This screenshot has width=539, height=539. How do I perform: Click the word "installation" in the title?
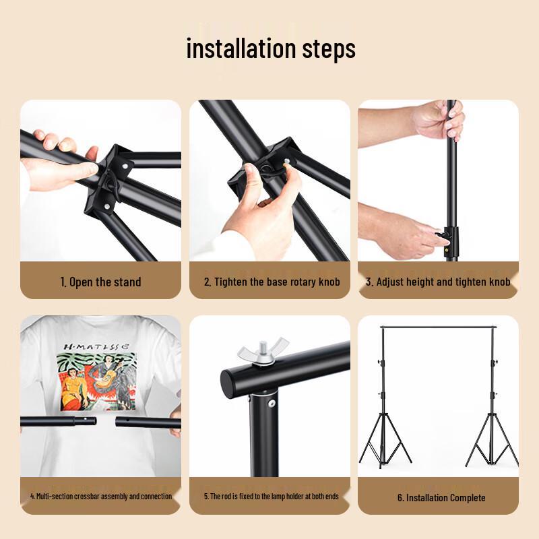click(x=241, y=48)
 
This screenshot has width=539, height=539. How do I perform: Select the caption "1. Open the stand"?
click(x=100, y=282)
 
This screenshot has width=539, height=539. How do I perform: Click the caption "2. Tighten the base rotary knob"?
click(x=272, y=282)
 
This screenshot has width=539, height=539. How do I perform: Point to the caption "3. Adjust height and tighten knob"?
click(x=438, y=282)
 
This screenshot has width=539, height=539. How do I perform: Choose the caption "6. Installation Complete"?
click(x=441, y=497)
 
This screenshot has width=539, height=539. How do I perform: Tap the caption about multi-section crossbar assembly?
click(x=100, y=497)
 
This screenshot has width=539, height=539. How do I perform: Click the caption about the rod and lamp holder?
click(x=272, y=497)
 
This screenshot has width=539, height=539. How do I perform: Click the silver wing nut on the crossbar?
click(x=263, y=351)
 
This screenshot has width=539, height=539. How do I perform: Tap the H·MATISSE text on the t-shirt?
click(x=97, y=346)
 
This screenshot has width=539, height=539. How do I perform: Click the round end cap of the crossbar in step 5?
click(x=229, y=384)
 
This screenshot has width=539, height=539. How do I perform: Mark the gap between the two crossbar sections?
click(x=106, y=421)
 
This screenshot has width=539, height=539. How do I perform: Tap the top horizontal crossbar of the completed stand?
click(x=439, y=327)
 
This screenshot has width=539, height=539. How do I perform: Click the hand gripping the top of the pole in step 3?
click(x=439, y=120)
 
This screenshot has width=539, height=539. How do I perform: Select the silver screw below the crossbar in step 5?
click(x=272, y=403)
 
